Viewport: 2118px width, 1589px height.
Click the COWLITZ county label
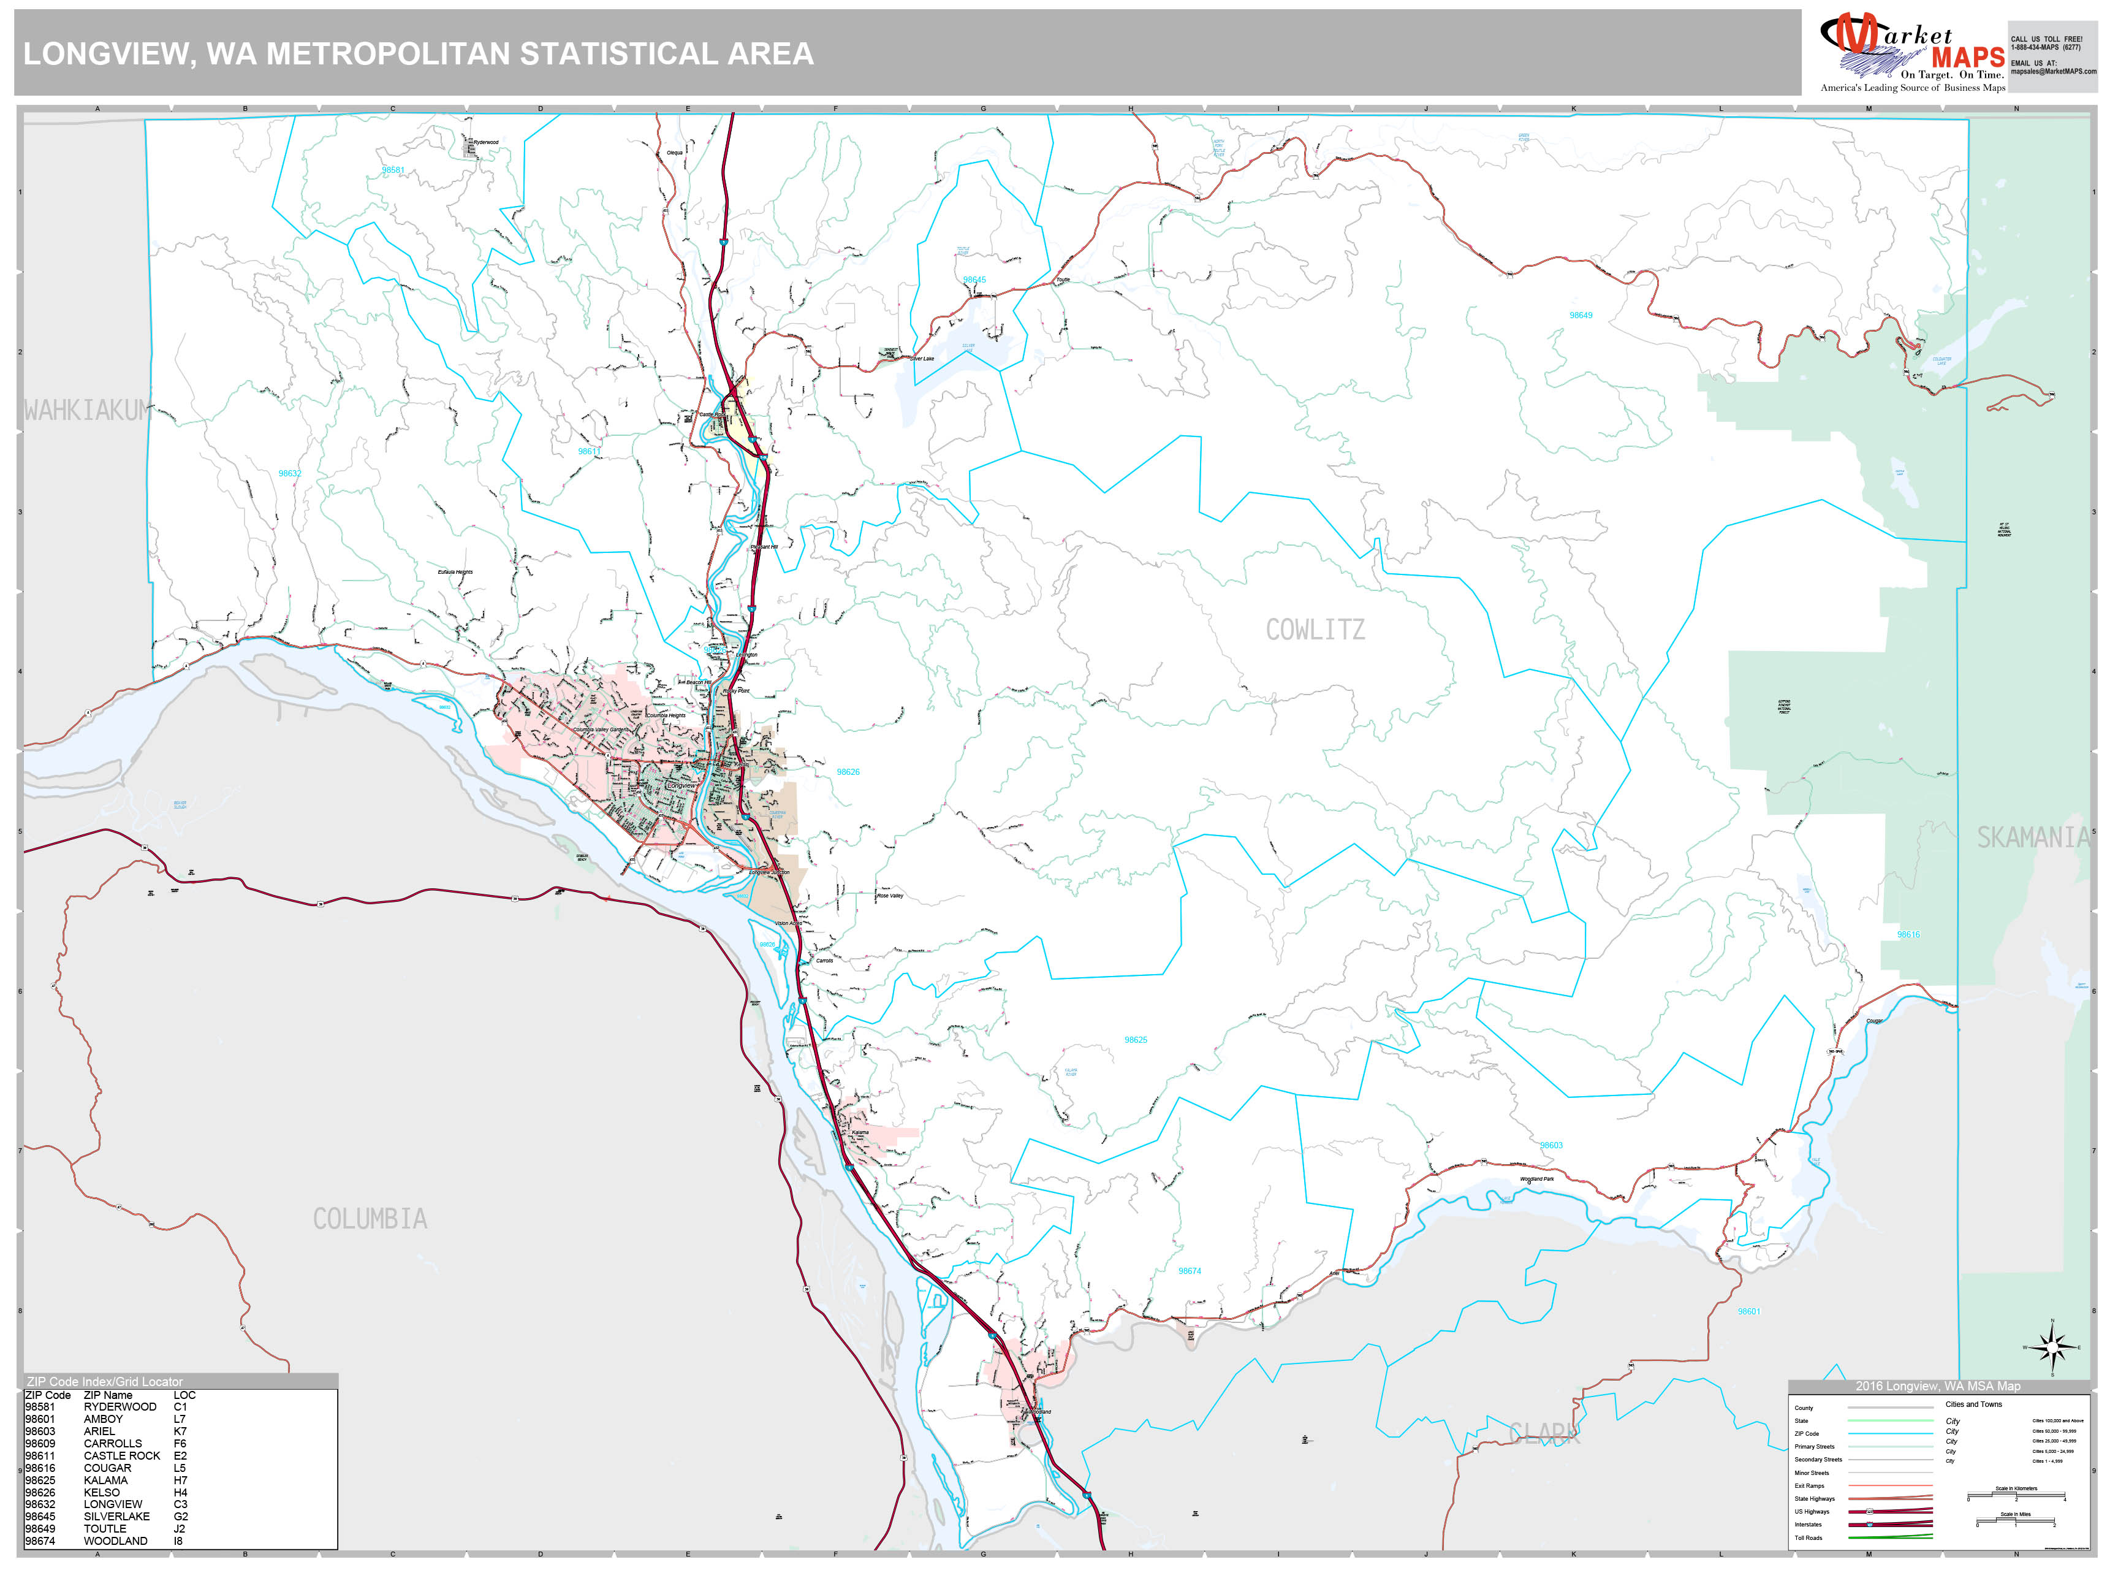[x=1315, y=630]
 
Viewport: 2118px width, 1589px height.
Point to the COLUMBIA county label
[x=370, y=1219]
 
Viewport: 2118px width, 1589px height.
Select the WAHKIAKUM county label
[x=87, y=411]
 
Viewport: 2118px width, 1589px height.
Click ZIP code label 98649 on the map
[x=1581, y=315]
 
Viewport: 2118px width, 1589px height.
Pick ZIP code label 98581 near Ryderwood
[x=393, y=170]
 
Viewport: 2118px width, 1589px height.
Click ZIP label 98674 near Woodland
[x=1189, y=1271]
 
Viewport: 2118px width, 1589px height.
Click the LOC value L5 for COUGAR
[x=180, y=1468]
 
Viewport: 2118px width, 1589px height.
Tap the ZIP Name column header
[x=108, y=1395]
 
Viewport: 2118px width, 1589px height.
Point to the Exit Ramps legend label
[x=1809, y=1485]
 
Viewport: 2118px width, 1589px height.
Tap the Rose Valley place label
[x=889, y=896]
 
